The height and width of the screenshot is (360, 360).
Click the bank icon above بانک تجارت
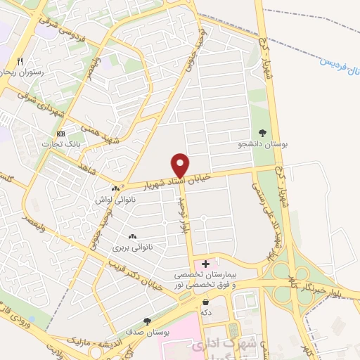(60, 134)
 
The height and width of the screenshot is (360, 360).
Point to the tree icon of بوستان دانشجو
(263, 132)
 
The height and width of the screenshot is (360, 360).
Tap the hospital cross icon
(205, 264)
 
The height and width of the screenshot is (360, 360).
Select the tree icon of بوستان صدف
(147, 321)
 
